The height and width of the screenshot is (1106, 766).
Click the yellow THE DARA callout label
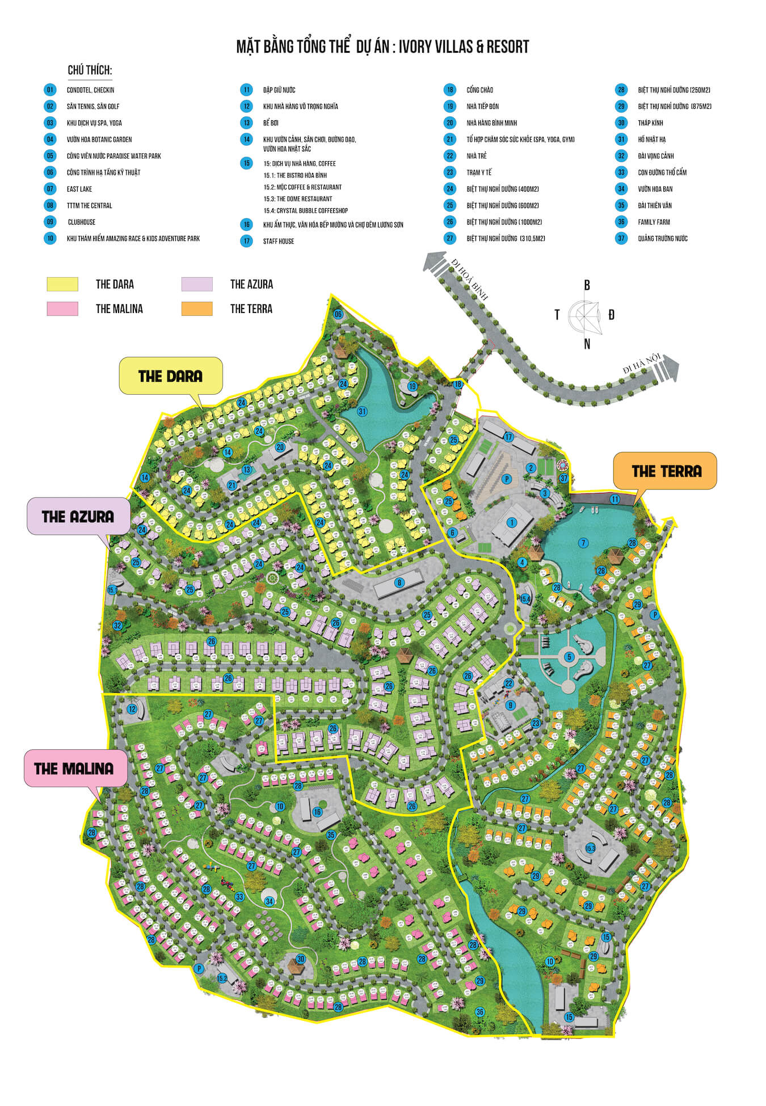pyautogui.click(x=170, y=376)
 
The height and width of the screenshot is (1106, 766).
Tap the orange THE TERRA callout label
pyautogui.click(x=666, y=471)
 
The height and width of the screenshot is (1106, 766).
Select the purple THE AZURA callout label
pyautogui.click(x=78, y=516)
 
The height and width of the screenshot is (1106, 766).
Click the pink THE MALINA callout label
pyautogui.click(x=74, y=769)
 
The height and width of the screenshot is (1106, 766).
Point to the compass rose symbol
pyautogui.click(x=587, y=315)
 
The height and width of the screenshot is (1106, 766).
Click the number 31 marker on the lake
pyautogui.click(x=362, y=411)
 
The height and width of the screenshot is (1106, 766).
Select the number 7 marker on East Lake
pyautogui.click(x=583, y=543)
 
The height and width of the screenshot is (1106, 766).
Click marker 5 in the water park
pyautogui.click(x=569, y=657)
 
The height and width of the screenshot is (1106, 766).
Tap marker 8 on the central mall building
pyautogui.click(x=399, y=582)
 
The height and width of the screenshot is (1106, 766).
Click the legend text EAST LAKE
pyautogui.click(x=79, y=189)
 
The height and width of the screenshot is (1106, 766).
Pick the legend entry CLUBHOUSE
pyautogui.click(x=81, y=222)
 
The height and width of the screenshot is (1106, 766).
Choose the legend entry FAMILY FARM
pyautogui.click(x=654, y=222)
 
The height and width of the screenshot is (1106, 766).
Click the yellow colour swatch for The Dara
pyautogui.click(x=62, y=284)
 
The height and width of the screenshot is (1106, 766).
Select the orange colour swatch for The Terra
pyautogui.click(x=196, y=309)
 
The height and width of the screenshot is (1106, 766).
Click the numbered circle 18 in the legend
pyautogui.click(x=449, y=90)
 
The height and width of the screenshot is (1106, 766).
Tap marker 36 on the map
pyautogui.click(x=480, y=1012)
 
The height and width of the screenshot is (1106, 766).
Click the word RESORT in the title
pyautogui.click(x=508, y=47)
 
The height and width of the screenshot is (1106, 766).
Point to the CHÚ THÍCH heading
pyautogui.click(x=90, y=70)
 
